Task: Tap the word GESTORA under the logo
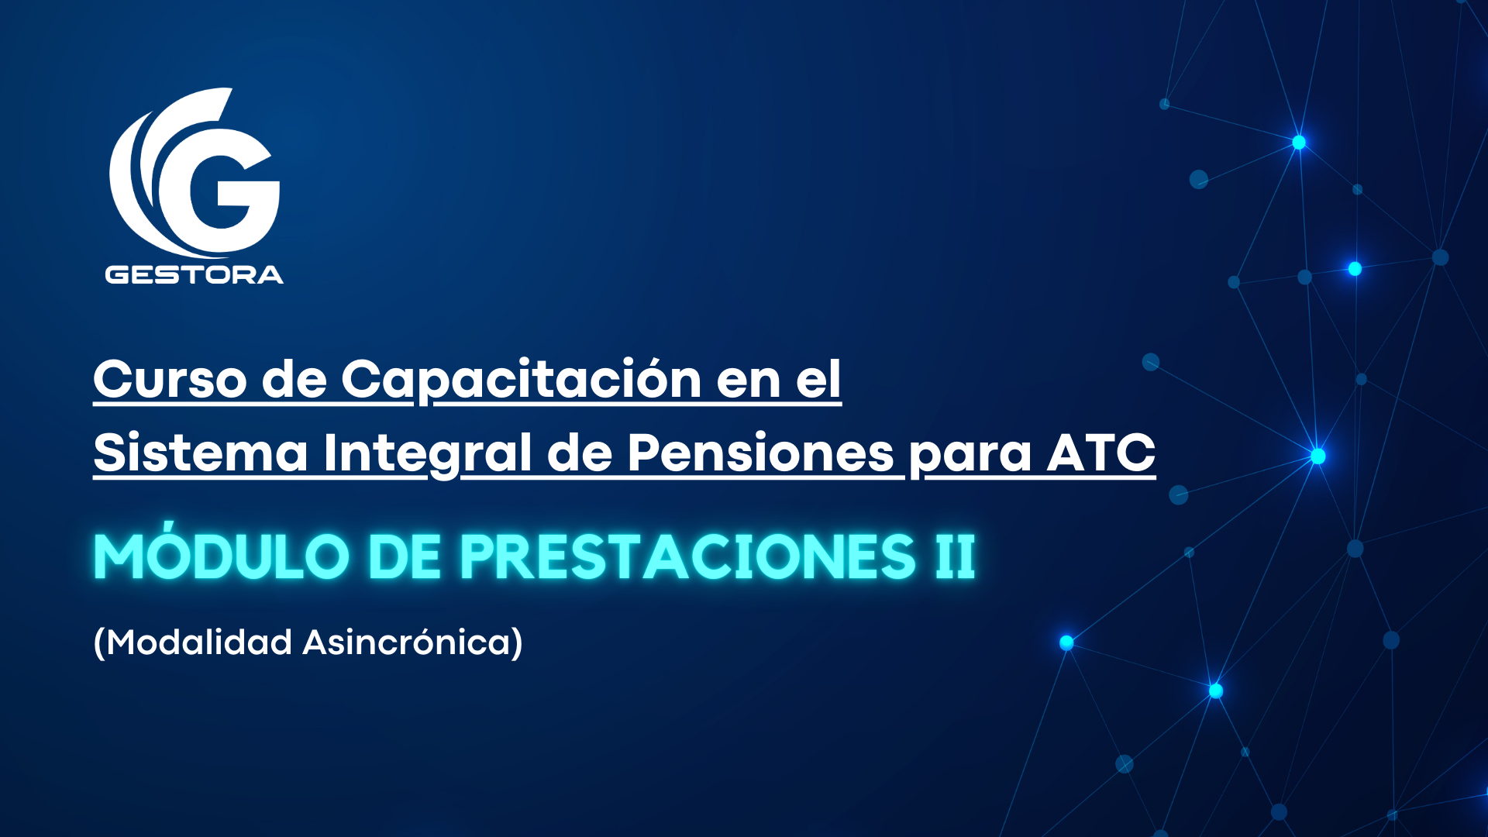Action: [194, 274]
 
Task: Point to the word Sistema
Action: [201, 453]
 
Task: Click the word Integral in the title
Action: [427, 453]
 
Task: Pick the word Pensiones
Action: [760, 453]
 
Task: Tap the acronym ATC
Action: [1101, 453]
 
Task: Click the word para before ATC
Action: [970, 456]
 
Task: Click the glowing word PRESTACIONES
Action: [688, 556]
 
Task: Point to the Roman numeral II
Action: [955, 556]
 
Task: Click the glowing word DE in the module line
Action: [404, 556]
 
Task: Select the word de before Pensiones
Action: [580, 453]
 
